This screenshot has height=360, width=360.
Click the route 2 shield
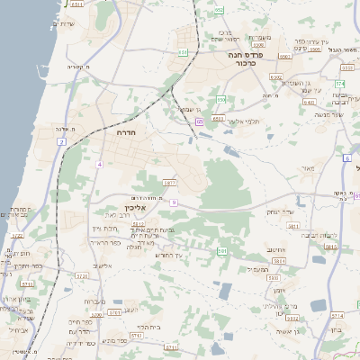pos(62,142)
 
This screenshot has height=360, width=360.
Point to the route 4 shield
pos(100,163)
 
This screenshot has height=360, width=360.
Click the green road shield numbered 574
pos(340,84)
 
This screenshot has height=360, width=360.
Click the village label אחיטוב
pos(276,250)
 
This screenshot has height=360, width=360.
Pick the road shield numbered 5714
pos(337,316)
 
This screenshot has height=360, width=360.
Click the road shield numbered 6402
pos(275,78)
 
